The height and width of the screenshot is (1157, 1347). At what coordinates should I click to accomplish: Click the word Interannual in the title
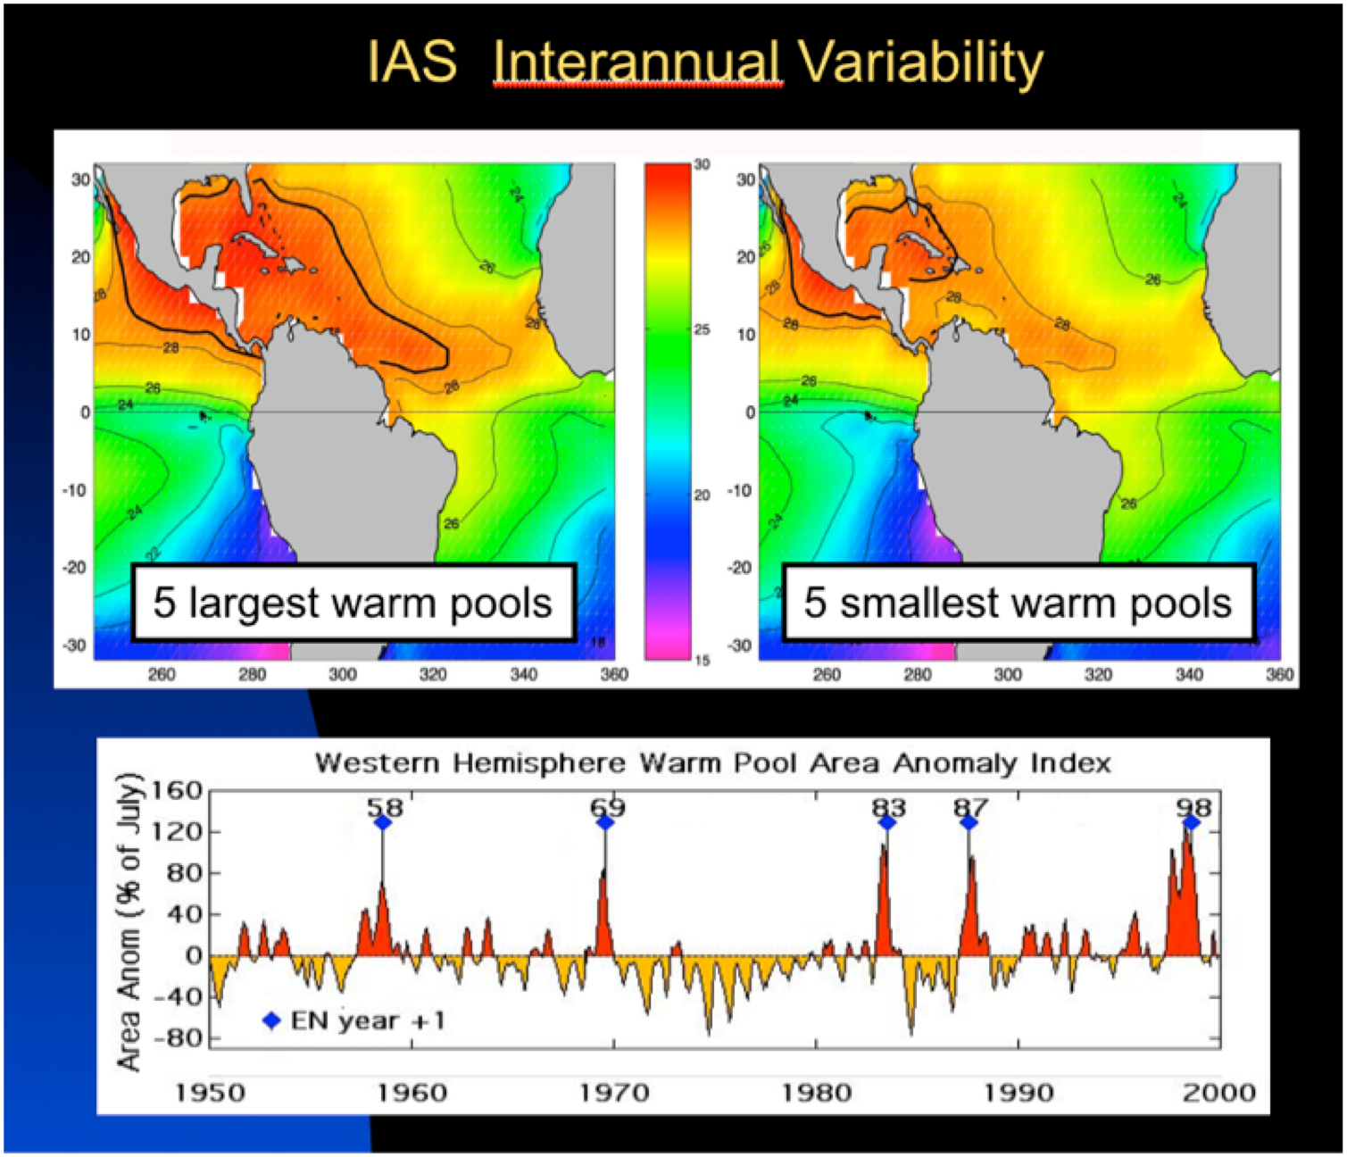click(x=637, y=62)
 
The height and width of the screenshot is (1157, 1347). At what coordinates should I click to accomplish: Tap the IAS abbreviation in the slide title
click(x=412, y=62)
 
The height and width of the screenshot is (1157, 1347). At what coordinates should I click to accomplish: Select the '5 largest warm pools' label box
click(x=353, y=603)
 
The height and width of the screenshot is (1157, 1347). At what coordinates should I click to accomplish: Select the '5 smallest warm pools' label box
click(x=1018, y=603)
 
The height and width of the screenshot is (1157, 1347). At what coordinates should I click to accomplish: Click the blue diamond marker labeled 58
click(x=382, y=822)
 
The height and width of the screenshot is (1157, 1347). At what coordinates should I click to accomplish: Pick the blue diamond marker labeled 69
click(x=605, y=822)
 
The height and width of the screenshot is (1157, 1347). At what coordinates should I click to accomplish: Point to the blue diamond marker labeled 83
click(x=886, y=822)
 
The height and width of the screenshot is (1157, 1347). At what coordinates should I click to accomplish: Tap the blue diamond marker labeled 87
click(x=969, y=822)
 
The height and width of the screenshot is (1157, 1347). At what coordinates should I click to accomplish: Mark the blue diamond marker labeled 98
click(x=1191, y=822)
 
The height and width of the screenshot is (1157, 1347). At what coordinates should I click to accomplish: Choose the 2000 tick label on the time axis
click(x=1219, y=1093)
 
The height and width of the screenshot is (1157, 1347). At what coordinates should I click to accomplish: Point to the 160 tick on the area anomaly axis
click(x=179, y=791)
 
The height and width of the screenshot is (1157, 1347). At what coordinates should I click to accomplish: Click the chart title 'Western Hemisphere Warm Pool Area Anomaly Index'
click(x=712, y=764)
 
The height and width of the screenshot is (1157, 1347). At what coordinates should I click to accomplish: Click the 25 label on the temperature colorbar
click(x=703, y=330)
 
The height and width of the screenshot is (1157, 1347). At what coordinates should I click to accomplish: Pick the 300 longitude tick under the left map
click(x=343, y=675)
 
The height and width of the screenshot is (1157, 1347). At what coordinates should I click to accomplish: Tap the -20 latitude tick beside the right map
click(x=741, y=568)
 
